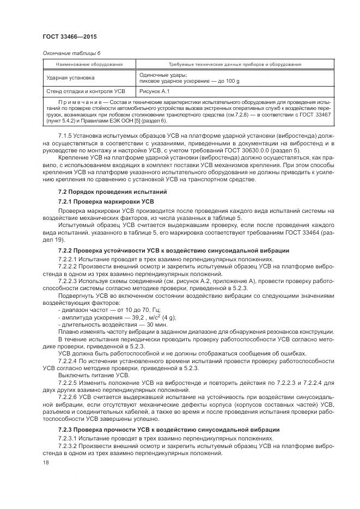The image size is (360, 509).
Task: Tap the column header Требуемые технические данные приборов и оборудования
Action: [x=235, y=64]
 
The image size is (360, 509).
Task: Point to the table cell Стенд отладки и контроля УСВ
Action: [x=86, y=91]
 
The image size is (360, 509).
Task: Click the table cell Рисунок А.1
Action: [x=155, y=91]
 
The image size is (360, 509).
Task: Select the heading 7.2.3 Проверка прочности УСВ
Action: [x=169, y=430]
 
